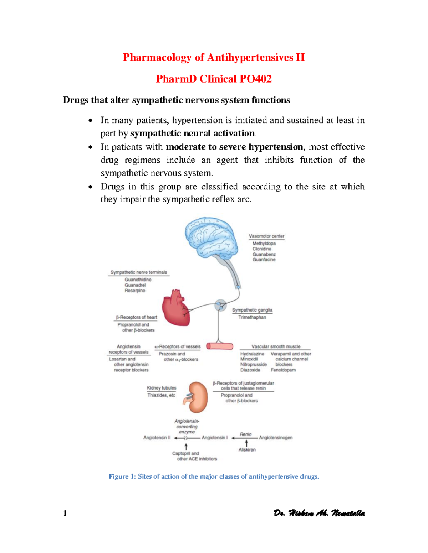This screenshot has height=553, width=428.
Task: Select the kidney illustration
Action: (x=197, y=396)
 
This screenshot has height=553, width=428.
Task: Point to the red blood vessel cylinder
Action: (x=220, y=346)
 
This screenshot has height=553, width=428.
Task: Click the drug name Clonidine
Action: (x=262, y=249)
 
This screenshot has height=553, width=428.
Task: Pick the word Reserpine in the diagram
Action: (x=135, y=291)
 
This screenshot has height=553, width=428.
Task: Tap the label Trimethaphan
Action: (x=252, y=317)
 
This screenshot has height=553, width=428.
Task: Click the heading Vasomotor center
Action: (x=266, y=236)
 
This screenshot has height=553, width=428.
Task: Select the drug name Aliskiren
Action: (x=247, y=450)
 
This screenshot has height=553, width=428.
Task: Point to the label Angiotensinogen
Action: (x=276, y=438)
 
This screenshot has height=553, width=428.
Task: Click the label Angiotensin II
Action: (x=157, y=438)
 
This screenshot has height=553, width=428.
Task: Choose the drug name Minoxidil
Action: (x=249, y=359)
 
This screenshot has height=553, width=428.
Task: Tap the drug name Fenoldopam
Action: (x=283, y=370)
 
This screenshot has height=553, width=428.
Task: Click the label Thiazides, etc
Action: (x=161, y=395)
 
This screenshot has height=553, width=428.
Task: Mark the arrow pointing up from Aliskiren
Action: (x=246, y=443)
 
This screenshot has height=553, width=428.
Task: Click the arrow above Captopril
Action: (x=186, y=446)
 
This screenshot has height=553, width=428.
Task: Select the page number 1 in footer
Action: (x=65, y=513)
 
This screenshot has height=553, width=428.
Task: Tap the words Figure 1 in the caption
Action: (x=122, y=476)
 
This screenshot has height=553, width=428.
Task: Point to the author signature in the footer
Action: (x=319, y=513)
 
